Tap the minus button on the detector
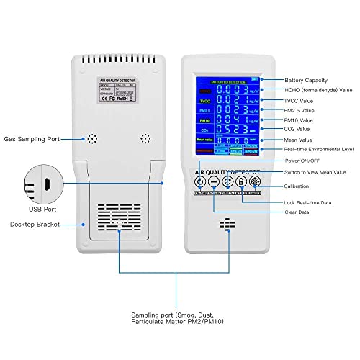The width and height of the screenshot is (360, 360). (214, 182)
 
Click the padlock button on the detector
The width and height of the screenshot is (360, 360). (241, 182)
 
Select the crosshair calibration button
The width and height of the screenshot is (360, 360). (255, 182)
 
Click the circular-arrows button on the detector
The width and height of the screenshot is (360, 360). (228, 182)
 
